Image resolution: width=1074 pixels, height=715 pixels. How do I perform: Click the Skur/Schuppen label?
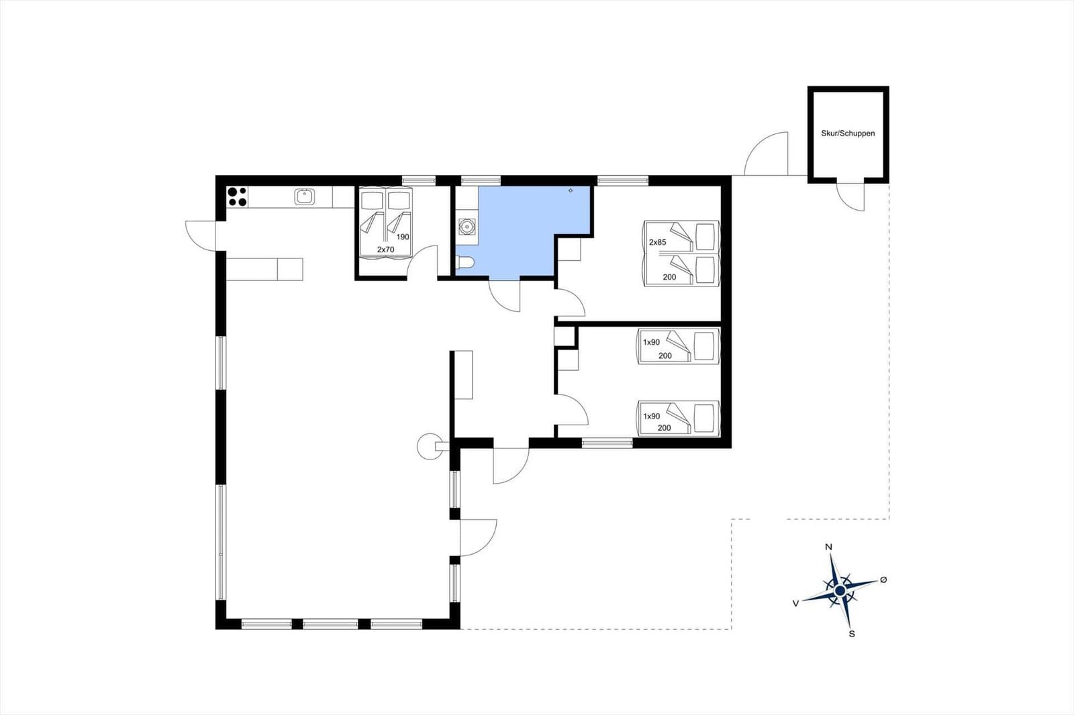pyautogui.click(x=848, y=133)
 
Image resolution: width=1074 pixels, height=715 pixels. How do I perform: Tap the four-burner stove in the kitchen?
pyautogui.click(x=238, y=197)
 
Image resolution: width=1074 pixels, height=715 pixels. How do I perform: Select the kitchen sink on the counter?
pyautogui.click(x=305, y=197)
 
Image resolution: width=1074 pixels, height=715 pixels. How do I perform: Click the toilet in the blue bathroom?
pyautogui.click(x=465, y=262)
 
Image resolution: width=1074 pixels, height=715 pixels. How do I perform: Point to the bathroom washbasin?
pyautogui.click(x=467, y=226)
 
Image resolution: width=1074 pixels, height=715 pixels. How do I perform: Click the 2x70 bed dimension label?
pyautogui.click(x=385, y=250)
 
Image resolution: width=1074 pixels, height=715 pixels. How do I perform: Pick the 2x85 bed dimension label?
pyautogui.click(x=657, y=242)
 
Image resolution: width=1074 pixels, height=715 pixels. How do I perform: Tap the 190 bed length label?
pyautogui.click(x=403, y=237)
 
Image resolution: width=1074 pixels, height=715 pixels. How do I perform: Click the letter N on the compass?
pyautogui.click(x=828, y=547)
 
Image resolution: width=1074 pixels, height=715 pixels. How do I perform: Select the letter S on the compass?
pyautogui.click(x=852, y=634)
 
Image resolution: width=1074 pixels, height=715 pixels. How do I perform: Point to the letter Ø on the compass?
pyautogui.click(x=883, y=580)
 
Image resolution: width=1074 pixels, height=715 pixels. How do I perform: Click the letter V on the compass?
pyautogui.click(x=796, y=604)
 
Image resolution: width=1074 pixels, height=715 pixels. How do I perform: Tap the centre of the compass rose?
pyautogui.click(x=840, y=590)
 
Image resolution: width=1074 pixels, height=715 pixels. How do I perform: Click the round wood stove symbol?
pyautogui.click(x=429, y=446)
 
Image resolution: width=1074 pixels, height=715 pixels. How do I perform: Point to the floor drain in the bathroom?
pyautogui.click(x=571, y=190)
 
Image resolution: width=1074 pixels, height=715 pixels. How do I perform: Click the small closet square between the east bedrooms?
pyautogui.click(x=565, y=336)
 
